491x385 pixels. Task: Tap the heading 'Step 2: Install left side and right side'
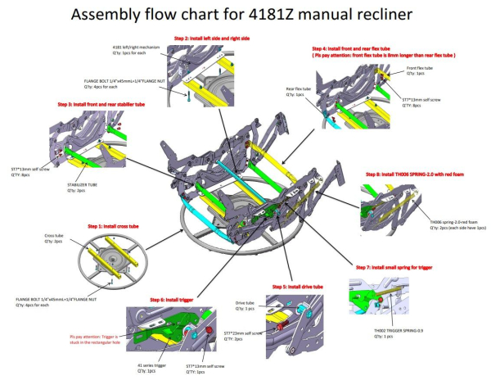pyautogui.click(x=210, y=38)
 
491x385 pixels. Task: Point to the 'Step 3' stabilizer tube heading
pyautogui.click(x=106, y=104)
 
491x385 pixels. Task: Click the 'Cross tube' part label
pyautogui.click(x=52, y=236)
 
